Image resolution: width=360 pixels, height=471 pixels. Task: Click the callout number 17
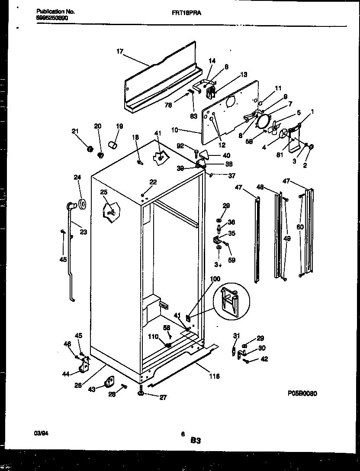pyautogui.click(x=120, y=52)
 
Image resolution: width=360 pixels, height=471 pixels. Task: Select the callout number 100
pyautogui.click(x=215, y=279)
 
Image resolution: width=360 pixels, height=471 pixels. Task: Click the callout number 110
pyautogui.click(x=153, y=336)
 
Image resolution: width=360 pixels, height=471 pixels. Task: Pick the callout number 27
pyautogui.click(x=162, y=397)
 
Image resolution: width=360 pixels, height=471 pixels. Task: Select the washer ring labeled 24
pyautogui.click(x=81, y=203)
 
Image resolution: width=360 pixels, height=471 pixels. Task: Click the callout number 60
pyautogui.click(x=300, y=227)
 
